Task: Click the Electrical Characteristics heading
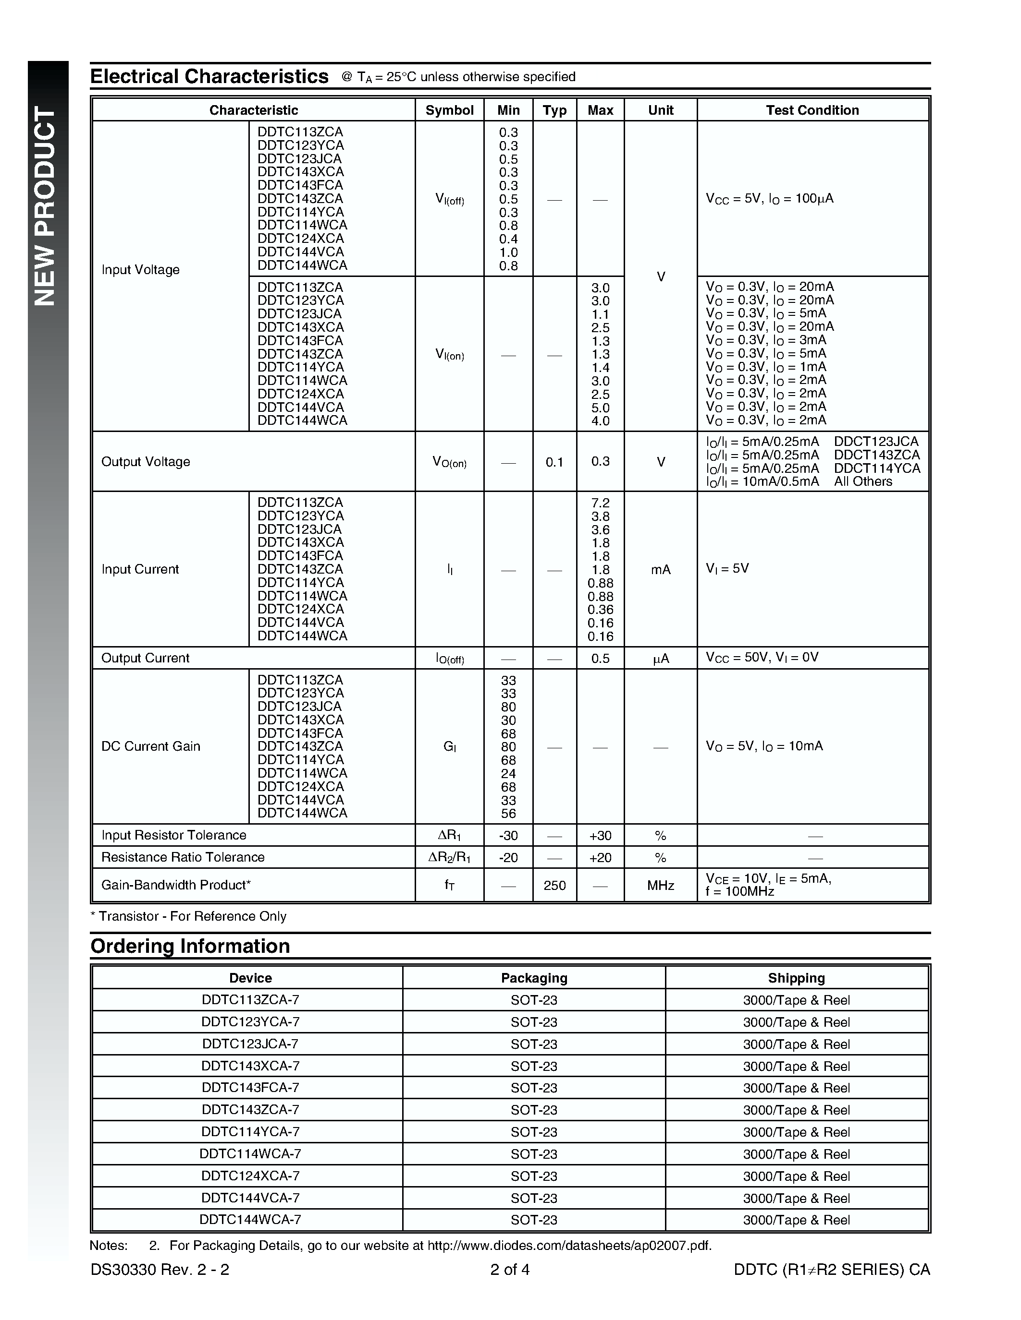coord(209,77)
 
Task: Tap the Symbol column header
coord(449,110)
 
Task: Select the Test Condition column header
coord(812,110)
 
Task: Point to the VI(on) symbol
coord(449,355)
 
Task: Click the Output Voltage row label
coord(146,462)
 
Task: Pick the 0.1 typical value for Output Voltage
coord(554,462)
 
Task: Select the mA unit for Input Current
coord(661,569)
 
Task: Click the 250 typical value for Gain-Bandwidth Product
coord(554,886)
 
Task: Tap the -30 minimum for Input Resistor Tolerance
coord(508,836)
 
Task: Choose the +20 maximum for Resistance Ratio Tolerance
coord(600,858)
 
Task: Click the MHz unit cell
coord(661,886)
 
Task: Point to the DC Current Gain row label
coord(150,746)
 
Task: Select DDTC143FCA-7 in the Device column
coord(250,1087)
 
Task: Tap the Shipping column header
coord(797,978)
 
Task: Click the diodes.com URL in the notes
coord(569,1246)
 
